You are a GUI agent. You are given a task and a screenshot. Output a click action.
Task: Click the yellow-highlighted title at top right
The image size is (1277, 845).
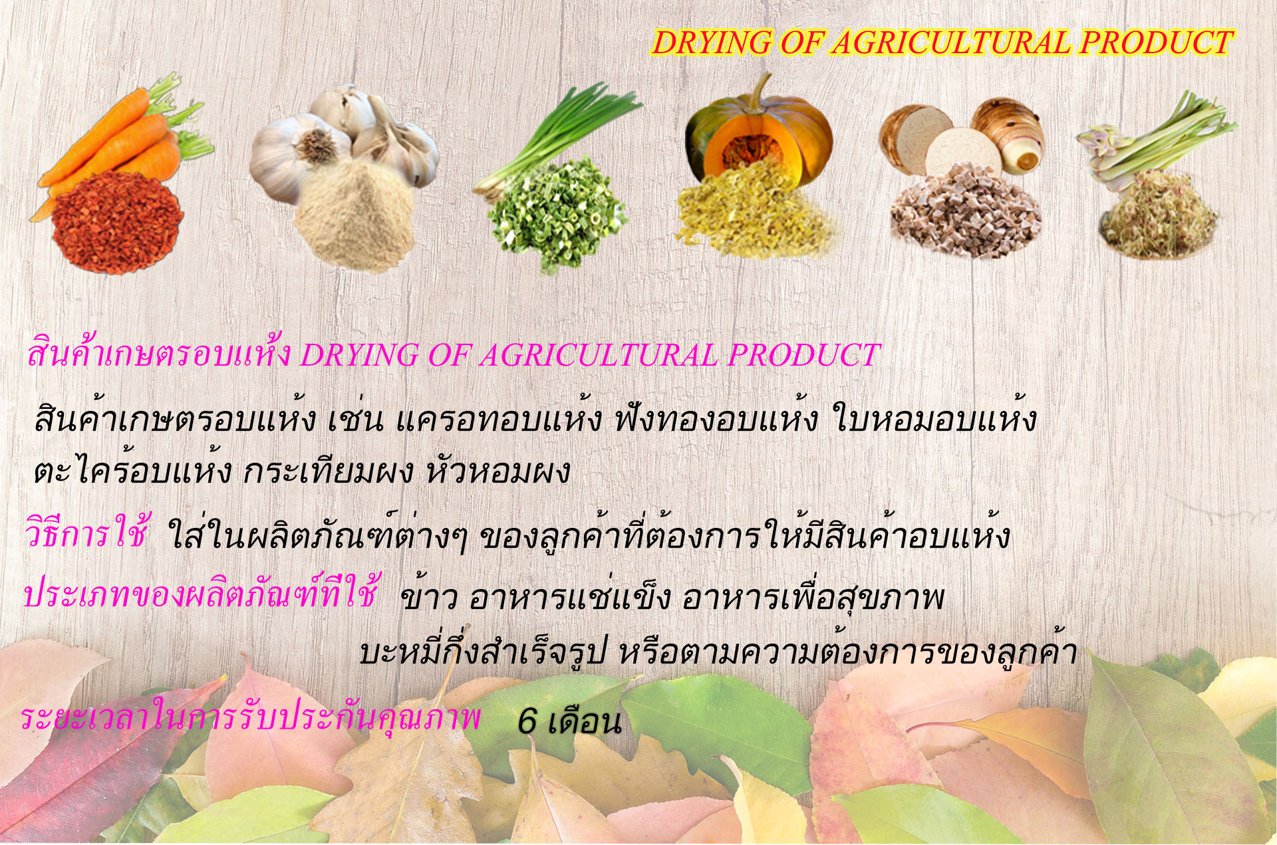point(942,43)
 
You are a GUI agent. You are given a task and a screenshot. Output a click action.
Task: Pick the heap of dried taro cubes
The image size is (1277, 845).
point(966,211)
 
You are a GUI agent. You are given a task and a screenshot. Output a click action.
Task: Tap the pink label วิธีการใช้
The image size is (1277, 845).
point(86,533)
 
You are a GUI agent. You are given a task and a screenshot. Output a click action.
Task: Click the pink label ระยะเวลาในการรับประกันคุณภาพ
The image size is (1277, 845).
point(250,718)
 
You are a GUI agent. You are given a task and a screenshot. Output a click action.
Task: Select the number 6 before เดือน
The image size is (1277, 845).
point(527,721)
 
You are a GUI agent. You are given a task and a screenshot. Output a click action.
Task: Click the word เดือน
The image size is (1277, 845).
point(584,721)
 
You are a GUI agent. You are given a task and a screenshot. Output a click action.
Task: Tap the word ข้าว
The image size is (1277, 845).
point(429,596)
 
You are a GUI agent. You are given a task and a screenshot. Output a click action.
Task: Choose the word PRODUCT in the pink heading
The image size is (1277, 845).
point(804,355)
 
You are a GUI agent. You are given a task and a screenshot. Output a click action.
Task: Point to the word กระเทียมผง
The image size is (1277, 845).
point(329,471)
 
